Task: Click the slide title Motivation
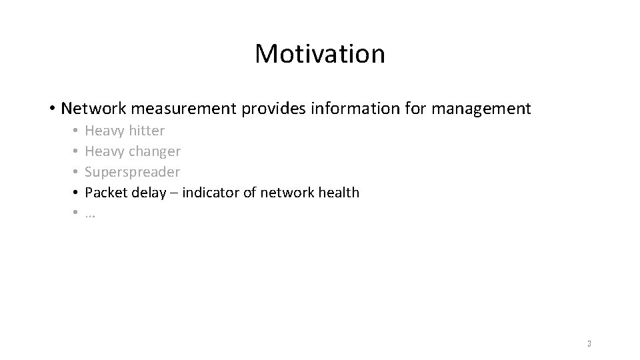click(319, 54)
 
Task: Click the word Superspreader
click(132, 172)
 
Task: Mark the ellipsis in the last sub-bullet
click(90, 215)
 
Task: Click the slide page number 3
click(589, 344)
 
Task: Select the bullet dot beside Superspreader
click(76, 173)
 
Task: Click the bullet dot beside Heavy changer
click(76, 152)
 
